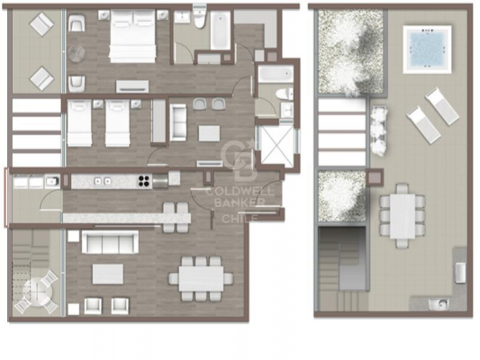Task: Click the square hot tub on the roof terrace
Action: [x=427, y=49]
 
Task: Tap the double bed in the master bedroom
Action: [x=133, y=36]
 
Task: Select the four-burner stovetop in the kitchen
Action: [x=144, y=181]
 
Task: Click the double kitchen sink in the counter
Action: [x=103, y=181]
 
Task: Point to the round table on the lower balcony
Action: [x=36, y=292]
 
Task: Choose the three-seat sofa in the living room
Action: [x=110, y=242]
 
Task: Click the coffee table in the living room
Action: [x=108, y=274]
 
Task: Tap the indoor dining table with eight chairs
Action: [x=202, y=279]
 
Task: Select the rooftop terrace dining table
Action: [x=403, y=216]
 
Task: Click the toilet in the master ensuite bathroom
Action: [x=199, y=19]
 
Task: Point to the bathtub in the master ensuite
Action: [x=221, y=30]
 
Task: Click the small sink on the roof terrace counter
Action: [x=439, y=304]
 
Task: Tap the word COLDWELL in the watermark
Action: [x=240, y=192]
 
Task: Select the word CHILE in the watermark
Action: [x=240, y=218]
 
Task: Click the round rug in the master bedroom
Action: [x=77, y=54]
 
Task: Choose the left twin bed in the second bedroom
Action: [x=79, y=122]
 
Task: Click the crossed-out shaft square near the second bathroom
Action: [x=277, y=145]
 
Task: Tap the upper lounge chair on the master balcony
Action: [x=42, y=25]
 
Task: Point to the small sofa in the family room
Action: [x=177, y=122]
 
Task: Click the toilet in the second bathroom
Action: [x=284, y=94]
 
